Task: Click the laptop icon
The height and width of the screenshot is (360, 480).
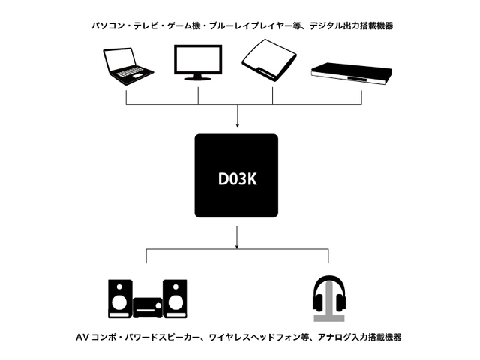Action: [x=127, y=65]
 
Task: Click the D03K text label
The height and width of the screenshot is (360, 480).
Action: [x=236, y=180]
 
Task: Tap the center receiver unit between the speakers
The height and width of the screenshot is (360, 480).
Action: [x=147, y=306]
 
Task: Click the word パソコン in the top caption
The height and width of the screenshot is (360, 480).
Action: [x=105, y=26]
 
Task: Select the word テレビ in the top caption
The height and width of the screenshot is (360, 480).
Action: [x=143, y=26]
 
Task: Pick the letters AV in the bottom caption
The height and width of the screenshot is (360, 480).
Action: [x=82, y=337]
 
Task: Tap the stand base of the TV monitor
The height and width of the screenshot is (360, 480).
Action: [x=198, y=77]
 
